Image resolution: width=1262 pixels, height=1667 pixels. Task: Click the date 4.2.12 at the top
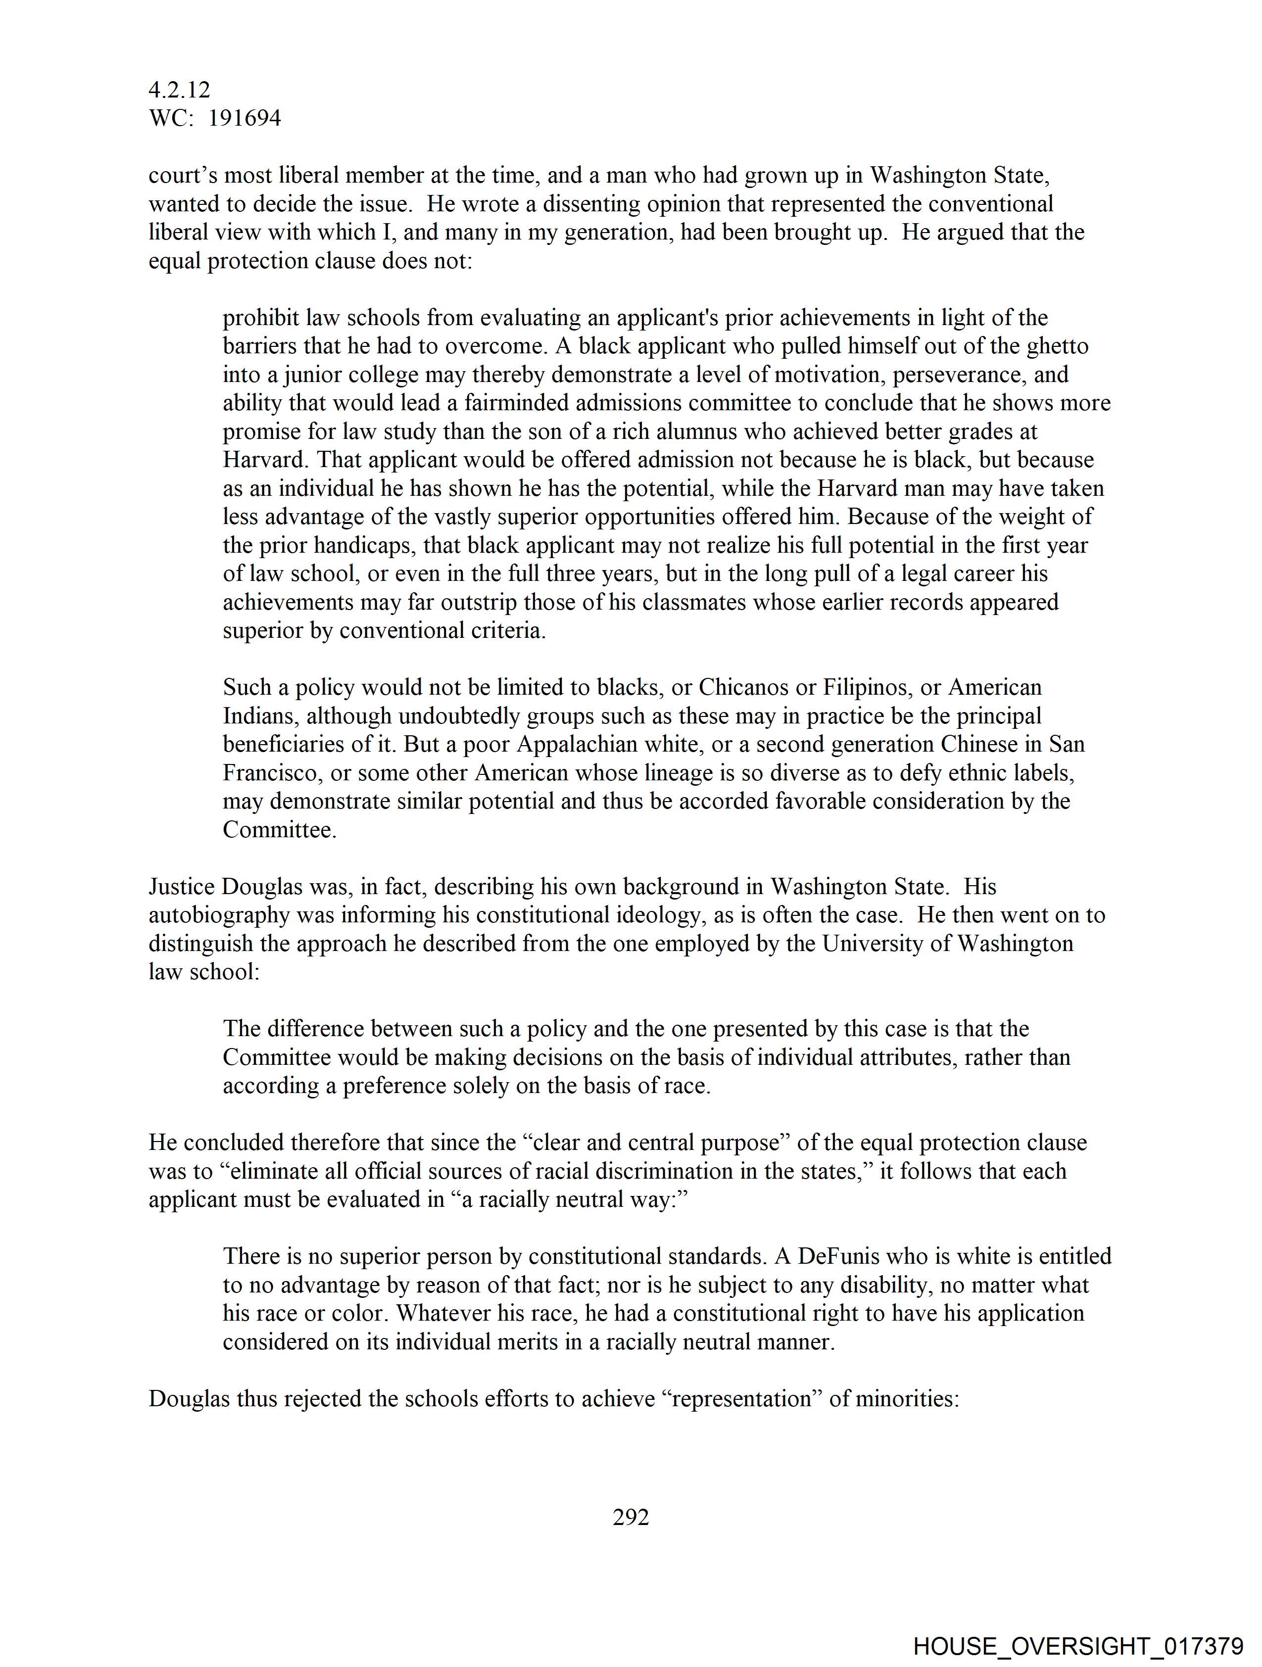click(180, 91)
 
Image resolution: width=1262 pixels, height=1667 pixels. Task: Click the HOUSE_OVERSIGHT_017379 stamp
click(1078, 1646)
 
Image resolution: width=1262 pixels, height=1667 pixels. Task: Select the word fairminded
click(514, 403)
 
